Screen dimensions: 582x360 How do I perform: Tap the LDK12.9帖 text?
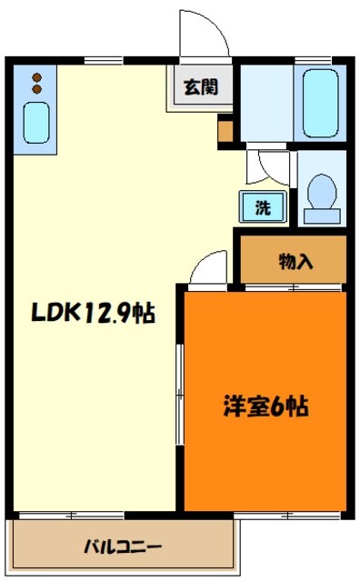point(95,315)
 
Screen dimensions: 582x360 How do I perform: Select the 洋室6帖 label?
point(265,406)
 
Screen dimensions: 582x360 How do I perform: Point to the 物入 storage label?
point(295,261)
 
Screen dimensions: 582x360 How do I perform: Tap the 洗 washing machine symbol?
point(262,207)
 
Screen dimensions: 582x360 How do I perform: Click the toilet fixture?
point(321,193)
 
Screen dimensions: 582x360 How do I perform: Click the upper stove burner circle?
point(36,77)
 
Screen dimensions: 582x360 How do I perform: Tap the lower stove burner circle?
point(36,90)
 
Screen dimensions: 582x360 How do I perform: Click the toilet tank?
point(321,215)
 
